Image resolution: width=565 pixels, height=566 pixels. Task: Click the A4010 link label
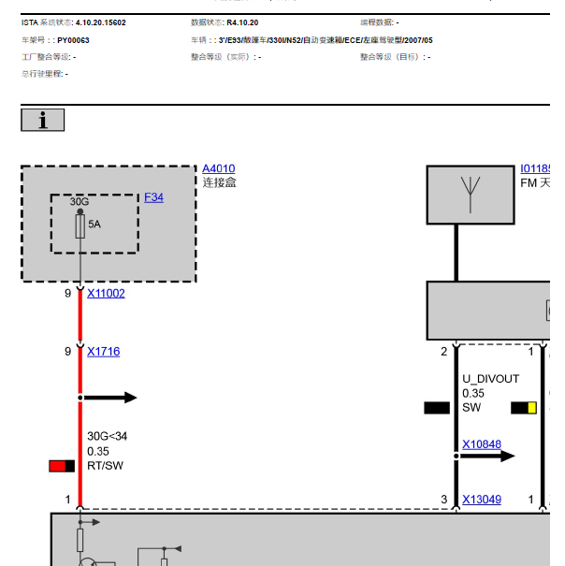(218, 168)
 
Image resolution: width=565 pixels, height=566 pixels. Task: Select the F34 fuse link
(153, 197)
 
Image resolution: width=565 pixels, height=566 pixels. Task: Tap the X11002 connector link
(106, 293)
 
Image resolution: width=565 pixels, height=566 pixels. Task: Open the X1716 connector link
(103, 352)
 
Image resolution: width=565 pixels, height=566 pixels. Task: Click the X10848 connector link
(481, 445)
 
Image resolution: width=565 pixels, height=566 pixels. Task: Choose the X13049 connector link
(481, 500)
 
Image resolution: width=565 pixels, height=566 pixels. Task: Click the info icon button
(42, 120)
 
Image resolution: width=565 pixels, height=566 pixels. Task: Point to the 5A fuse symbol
(80, 225)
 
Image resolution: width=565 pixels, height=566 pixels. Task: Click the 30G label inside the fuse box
(80, 201)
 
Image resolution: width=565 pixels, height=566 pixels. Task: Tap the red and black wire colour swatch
(63, 466)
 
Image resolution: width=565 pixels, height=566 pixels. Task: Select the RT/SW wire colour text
(104, 466)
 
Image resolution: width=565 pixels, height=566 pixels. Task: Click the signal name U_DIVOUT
(490, 379)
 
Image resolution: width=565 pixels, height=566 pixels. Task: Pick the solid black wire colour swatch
(437, 408)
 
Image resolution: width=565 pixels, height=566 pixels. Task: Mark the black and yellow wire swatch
(524, 408)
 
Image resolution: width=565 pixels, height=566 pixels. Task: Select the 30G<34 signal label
(107, 436)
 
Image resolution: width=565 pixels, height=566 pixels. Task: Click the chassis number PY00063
(73, 40)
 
